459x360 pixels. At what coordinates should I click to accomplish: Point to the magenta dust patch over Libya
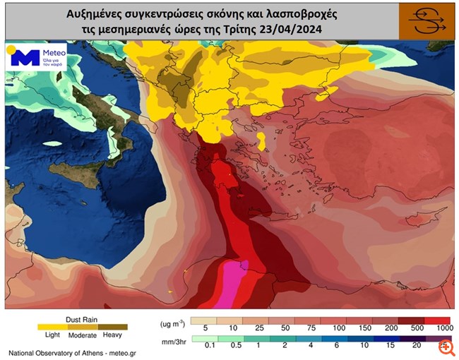point(230,285)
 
